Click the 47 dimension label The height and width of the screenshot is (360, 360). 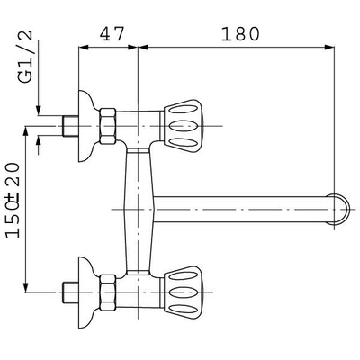tap(112, 33)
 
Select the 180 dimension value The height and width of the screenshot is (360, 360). tap(240, 33)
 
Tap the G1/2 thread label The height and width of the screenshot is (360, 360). tap(25, 57)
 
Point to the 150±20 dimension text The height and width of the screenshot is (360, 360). tap(13, 200)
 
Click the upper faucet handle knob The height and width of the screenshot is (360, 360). tap(184, 126)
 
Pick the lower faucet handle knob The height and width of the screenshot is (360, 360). tap(184, 292)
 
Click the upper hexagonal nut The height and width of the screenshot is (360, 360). tap(108, 126)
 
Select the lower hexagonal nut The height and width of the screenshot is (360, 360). tap(108, 292)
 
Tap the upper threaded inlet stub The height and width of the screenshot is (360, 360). tap(71, 126)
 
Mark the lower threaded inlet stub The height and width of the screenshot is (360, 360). tap(71, 292)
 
